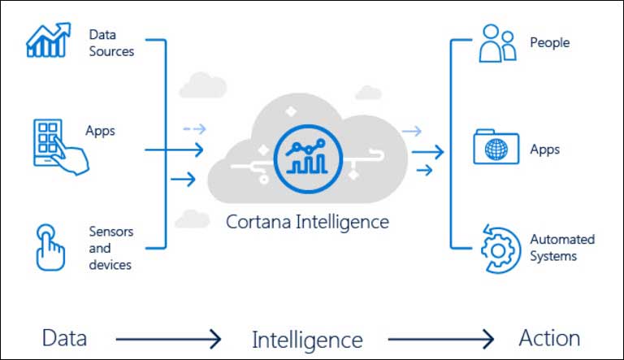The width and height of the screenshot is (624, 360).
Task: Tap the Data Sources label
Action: (112, 43)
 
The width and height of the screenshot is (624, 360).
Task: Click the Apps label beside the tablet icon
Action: (100, 130)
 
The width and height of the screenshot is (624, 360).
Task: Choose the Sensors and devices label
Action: (110, 248)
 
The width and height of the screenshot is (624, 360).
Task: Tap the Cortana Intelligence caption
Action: (307, 221)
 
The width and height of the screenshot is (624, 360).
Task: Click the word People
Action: (550, 42)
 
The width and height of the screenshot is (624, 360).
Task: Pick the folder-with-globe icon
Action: (496, 147)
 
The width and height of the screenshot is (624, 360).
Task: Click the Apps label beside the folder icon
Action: (545, 150)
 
